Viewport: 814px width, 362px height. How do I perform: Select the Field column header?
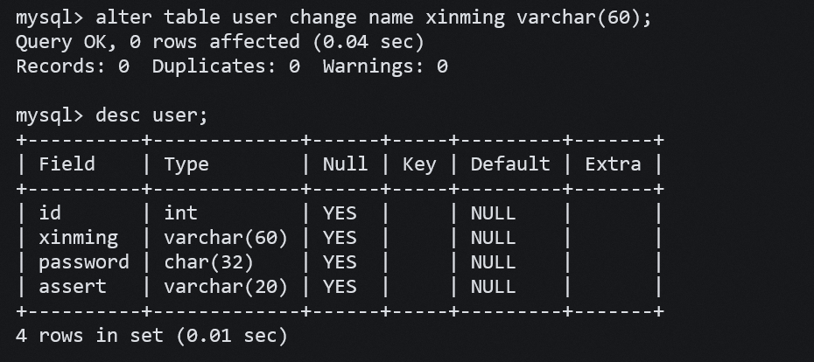click(x=67, y=164)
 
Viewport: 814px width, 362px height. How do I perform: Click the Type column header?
click(x=186, y=164)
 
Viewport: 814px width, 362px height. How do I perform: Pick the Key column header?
click(x=419, y=164)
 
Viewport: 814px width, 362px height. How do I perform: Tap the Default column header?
click(x=510, y=164)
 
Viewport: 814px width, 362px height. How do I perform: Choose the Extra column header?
click(x=613, y=164)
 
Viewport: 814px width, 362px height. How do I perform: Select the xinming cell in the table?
click(x=79, y=237)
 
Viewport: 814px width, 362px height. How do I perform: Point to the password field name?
click(x=83, y=261)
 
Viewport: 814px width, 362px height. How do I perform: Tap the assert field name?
click(x=73, y=286)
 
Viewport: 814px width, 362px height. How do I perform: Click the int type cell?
click(x=181, y=212)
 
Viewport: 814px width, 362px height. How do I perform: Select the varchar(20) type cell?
click(x=226, y=286)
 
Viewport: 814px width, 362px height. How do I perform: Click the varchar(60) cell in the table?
click(x=226, y=237)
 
